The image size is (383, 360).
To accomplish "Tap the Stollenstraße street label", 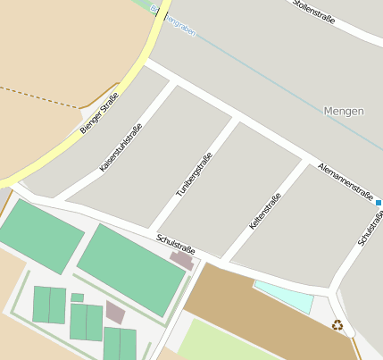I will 313,12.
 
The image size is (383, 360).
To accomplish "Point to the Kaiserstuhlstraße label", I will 121,147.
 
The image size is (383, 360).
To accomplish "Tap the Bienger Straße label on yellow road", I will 98,113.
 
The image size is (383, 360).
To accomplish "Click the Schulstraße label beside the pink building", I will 175,244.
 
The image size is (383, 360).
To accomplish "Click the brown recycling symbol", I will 337,325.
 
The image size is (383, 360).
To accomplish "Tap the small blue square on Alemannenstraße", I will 379,203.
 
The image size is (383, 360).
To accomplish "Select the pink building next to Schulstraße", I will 182,261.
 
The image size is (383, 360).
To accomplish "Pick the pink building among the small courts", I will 115,312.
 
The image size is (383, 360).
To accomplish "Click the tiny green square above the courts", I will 78,297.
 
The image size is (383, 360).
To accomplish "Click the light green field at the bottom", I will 223,340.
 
